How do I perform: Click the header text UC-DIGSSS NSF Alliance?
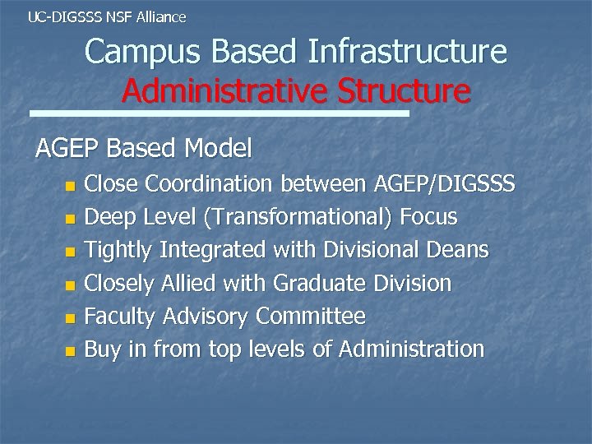pos(107,16)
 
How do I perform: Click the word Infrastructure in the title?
pos(408,53)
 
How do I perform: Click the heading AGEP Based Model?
pos(144,149)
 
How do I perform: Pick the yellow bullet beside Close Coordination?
pos(70,186)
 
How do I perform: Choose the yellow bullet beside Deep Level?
pos(70,219)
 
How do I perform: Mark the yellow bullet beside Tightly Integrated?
pos(70,252)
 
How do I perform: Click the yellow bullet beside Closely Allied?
pos(70,284)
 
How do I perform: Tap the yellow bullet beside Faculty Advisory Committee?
pos(70,317)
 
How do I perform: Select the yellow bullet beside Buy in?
pos(70,350)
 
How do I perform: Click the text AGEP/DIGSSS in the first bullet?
pos(444,184)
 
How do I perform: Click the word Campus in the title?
pos(143,53)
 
